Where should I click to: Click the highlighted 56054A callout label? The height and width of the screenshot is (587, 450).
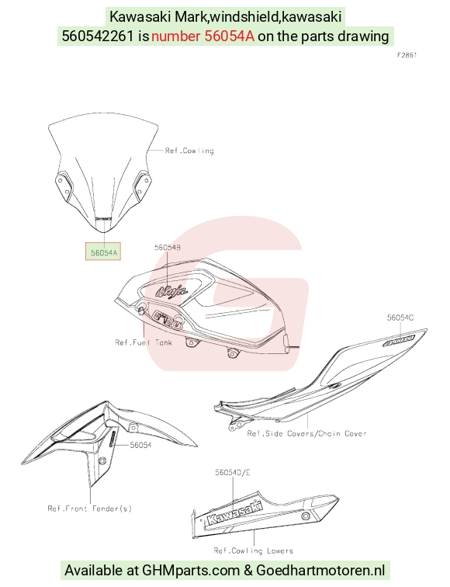point(103,252)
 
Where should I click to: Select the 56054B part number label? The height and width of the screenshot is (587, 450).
point(168,248)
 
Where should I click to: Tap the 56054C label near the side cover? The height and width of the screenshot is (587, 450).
point(400,318)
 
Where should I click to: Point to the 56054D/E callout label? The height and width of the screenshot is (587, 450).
point(232,472)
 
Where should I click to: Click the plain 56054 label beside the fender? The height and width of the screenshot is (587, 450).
point(140,445)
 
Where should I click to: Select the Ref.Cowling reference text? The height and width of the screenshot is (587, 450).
point(189,151)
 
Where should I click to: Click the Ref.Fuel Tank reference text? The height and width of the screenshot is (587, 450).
point(144,342)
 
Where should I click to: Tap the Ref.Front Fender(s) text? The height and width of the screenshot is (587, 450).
point(90,509)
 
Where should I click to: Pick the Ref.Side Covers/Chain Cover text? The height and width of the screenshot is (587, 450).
point(306,433)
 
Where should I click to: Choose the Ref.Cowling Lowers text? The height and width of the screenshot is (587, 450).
point(254,551)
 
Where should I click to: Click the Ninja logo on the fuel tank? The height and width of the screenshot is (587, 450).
point(171,290)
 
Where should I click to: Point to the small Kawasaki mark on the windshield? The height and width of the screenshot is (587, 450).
point(104,218)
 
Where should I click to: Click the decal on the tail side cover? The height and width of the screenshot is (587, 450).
point(399,341)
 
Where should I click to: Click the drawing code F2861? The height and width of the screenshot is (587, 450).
point(407,55)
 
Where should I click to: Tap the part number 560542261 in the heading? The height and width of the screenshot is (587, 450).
point(98,36)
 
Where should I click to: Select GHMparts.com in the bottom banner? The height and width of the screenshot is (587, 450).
point(191,571)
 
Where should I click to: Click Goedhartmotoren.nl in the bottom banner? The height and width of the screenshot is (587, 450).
point(320,571)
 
